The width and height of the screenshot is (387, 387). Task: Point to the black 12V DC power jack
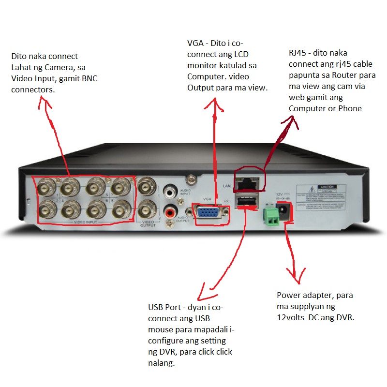(x=284, y=211)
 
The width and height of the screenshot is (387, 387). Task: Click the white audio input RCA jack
(x=170, y=192)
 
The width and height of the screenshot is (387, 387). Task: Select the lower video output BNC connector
(x=146, y=210)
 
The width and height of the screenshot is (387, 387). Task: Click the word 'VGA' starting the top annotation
(x=195, y=43)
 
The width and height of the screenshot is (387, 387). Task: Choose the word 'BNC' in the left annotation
(x=87, y=78)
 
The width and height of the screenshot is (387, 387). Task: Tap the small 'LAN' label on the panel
(x=225, y=186)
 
